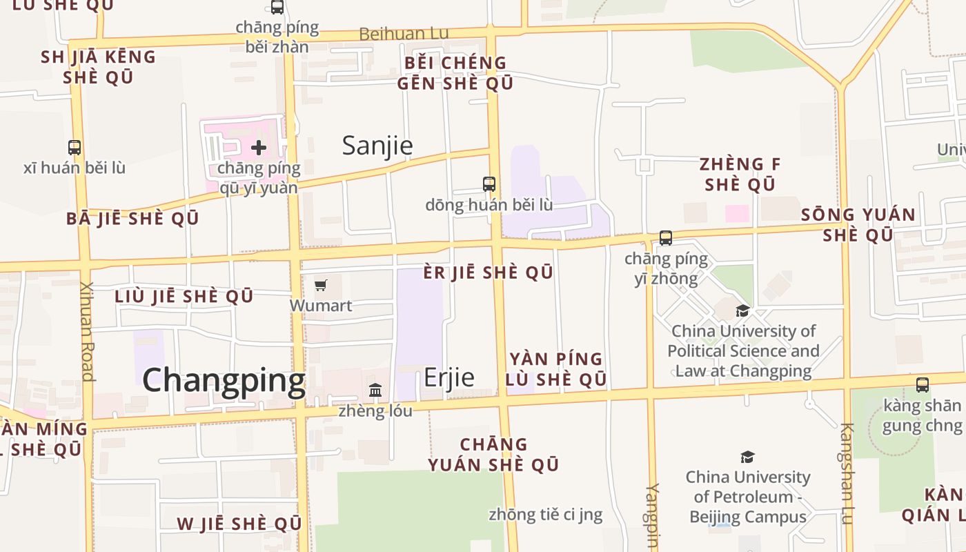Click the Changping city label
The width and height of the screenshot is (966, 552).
coord(224,380)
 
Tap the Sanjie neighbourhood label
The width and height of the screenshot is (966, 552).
coord(377,146)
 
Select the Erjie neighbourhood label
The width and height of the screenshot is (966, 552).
coord(448,377)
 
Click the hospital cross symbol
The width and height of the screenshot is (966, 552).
coord(259,148)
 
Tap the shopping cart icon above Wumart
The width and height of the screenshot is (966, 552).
coord(320,285)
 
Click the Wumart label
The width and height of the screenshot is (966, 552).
coord(321,306)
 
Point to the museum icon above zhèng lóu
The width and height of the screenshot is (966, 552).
coord(375,391)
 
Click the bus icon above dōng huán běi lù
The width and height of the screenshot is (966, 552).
coord(489,184)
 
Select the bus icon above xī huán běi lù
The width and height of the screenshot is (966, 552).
coord(75,147)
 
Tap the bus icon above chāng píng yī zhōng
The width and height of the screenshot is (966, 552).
coord(666,238)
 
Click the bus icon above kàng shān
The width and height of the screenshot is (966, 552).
coord(923,385)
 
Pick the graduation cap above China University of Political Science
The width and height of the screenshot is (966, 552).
coord(742,311)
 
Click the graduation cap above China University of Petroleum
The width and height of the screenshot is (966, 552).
coord(747,457)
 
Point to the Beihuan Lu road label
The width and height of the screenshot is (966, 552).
coord(404,34)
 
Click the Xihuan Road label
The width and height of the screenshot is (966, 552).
coord(86,331)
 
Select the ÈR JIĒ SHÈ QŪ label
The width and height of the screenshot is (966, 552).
coord(488,273)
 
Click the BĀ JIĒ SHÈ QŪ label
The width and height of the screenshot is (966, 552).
coord(132,219)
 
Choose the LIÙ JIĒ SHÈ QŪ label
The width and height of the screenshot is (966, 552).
coord(184,297)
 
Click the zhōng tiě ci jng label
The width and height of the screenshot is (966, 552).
coord(545,515)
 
